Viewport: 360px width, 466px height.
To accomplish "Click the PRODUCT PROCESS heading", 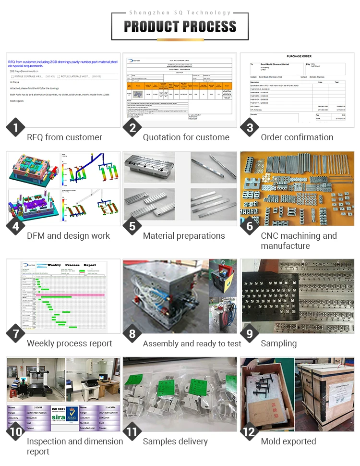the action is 180,26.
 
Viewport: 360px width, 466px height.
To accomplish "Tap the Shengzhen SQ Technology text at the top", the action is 180,12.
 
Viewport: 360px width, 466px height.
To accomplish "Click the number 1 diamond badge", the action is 16,128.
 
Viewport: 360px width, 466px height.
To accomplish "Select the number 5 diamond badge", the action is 132,227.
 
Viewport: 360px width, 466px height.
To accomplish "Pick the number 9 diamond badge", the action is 249,334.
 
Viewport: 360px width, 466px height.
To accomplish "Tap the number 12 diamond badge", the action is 249,432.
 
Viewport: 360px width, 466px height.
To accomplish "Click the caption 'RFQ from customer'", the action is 64,137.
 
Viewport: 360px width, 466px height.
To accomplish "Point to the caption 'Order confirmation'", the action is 297,137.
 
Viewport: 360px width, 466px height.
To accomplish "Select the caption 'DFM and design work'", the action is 68,236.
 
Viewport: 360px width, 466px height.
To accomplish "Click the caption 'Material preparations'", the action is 184,236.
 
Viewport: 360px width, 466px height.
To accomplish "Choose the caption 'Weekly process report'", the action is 69,343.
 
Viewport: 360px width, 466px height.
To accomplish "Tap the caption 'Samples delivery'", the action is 175,441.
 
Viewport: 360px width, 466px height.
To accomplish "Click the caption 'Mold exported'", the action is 288,441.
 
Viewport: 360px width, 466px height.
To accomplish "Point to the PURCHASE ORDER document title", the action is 299,56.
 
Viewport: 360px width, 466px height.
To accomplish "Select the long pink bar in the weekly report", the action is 77,294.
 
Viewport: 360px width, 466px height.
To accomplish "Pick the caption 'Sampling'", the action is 279,343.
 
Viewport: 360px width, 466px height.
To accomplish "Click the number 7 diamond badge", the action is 16,334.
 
